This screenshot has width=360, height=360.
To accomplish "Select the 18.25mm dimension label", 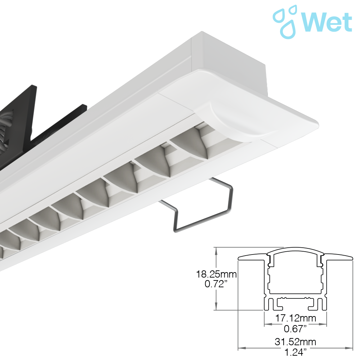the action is pos(216,274).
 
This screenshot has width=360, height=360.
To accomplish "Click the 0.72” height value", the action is pos(216,284).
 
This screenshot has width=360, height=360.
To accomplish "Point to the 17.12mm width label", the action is pos(296,318).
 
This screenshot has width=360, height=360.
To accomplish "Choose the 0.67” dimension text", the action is pos(295,329).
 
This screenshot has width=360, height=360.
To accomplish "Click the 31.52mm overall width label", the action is pos(295,342).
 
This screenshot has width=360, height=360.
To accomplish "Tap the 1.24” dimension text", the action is pos(295,352).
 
